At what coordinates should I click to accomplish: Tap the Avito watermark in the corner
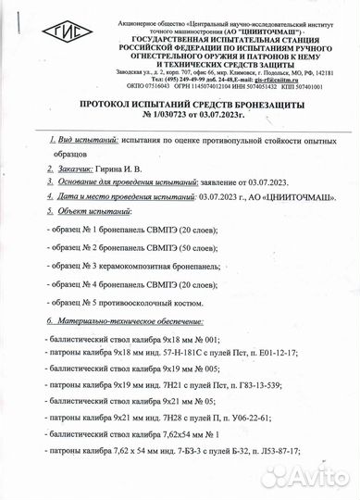pos(305,476)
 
